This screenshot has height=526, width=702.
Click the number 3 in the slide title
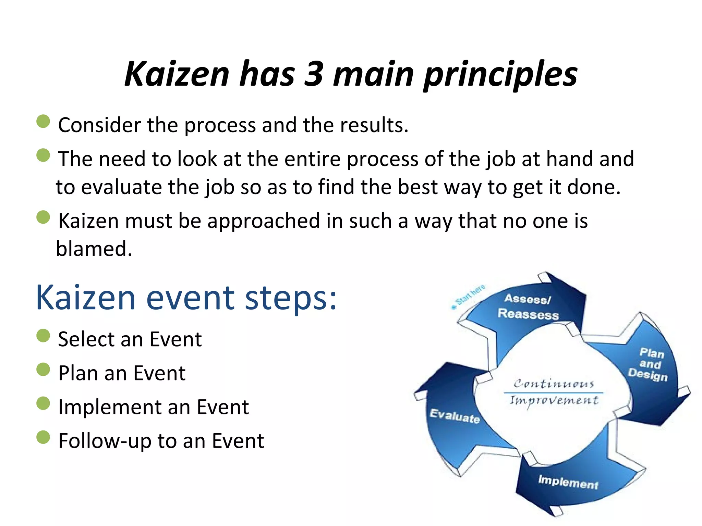pos(313,74)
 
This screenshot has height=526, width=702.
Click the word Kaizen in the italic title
pos(177,74)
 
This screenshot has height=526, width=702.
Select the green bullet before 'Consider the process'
pos(43,122)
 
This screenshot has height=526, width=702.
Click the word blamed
pos(94,249)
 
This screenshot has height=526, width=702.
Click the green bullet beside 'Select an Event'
pos(43,336)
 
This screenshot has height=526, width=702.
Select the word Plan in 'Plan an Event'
pos(78,373)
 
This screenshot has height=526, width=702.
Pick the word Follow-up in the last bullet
pos(105,441)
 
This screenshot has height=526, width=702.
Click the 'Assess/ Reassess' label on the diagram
pos(528,306)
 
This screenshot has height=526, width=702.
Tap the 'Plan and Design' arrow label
pos(649,364)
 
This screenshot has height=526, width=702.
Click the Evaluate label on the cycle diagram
pos(455,416)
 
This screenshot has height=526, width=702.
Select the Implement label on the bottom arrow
pos(568,482)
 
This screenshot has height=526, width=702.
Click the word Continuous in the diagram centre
pos(553,384)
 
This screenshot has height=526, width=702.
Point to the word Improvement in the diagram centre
pos(553,400)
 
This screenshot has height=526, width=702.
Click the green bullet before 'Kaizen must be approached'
pos(43,217)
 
